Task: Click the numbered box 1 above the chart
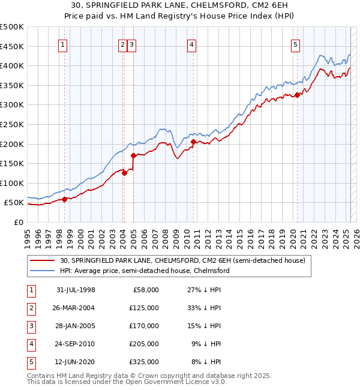pyautogui.click(x=63, y=44)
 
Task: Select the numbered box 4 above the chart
pyautogui.click(x=191, y=44)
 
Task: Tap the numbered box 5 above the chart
pyautogui.click(x=296, y=44)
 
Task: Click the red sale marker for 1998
pyautogui.click(x=65, y=200)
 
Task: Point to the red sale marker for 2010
pyautogui.click(x=193, y=142)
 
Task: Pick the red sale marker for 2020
pyautogui.click(x=297, y=95)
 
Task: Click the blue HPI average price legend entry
pyautogui.click(x=143, y=271)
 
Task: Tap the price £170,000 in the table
pyautogui.click(x=144, y=326)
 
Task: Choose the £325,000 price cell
pyautogui.click(x=144, y=362)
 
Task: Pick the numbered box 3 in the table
pyautogui.click(x=31, y=326)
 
